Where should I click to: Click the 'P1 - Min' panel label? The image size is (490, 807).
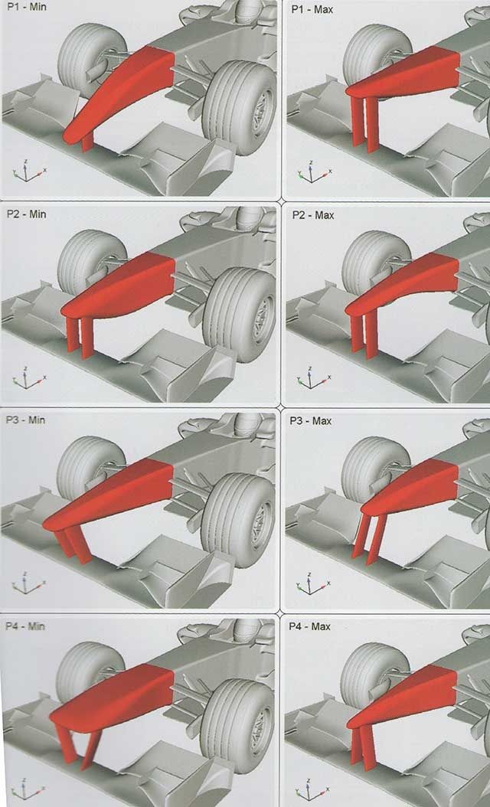coord(25,8)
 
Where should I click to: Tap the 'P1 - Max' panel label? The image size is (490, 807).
coord(312,9)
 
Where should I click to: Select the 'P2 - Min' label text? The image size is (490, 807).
coord(26,214)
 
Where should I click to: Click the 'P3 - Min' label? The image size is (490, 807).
coord(25,420)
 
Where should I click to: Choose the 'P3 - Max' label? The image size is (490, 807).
coord(310,421)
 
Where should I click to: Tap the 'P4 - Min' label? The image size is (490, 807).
coord(24,626)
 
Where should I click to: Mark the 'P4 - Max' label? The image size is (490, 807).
coord(309,627)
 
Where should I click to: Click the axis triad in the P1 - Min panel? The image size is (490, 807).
coord(28,172)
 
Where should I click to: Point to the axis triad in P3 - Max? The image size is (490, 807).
coord(312,583)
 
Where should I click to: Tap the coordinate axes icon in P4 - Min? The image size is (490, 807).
coord(27,791)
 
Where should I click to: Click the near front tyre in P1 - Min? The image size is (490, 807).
coord(240,107)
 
